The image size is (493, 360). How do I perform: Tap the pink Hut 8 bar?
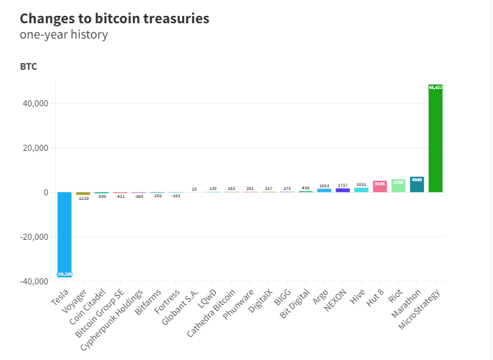tap(380, 187)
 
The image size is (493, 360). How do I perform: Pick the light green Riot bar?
tap(398, 186)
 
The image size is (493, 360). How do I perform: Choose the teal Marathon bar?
tap(417, 185)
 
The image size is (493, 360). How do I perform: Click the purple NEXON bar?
tap(343, 190)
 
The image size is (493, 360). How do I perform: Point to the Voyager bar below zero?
tap(83, 193)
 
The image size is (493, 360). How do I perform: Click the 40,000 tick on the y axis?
tap(35, 104)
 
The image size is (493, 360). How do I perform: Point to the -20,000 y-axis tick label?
tap(33, 236)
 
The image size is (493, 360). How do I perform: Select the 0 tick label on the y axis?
tap(45, 193)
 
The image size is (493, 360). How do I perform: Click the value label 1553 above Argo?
tap(324, 186)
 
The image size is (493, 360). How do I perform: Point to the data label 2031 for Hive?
tap(361, 185)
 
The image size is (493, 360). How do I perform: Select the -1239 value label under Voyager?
tap(83, 198)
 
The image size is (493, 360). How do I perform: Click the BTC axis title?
tap(29, 67)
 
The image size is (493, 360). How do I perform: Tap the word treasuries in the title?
tap(172, 19)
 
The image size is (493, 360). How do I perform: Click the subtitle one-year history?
tap(64, 35)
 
